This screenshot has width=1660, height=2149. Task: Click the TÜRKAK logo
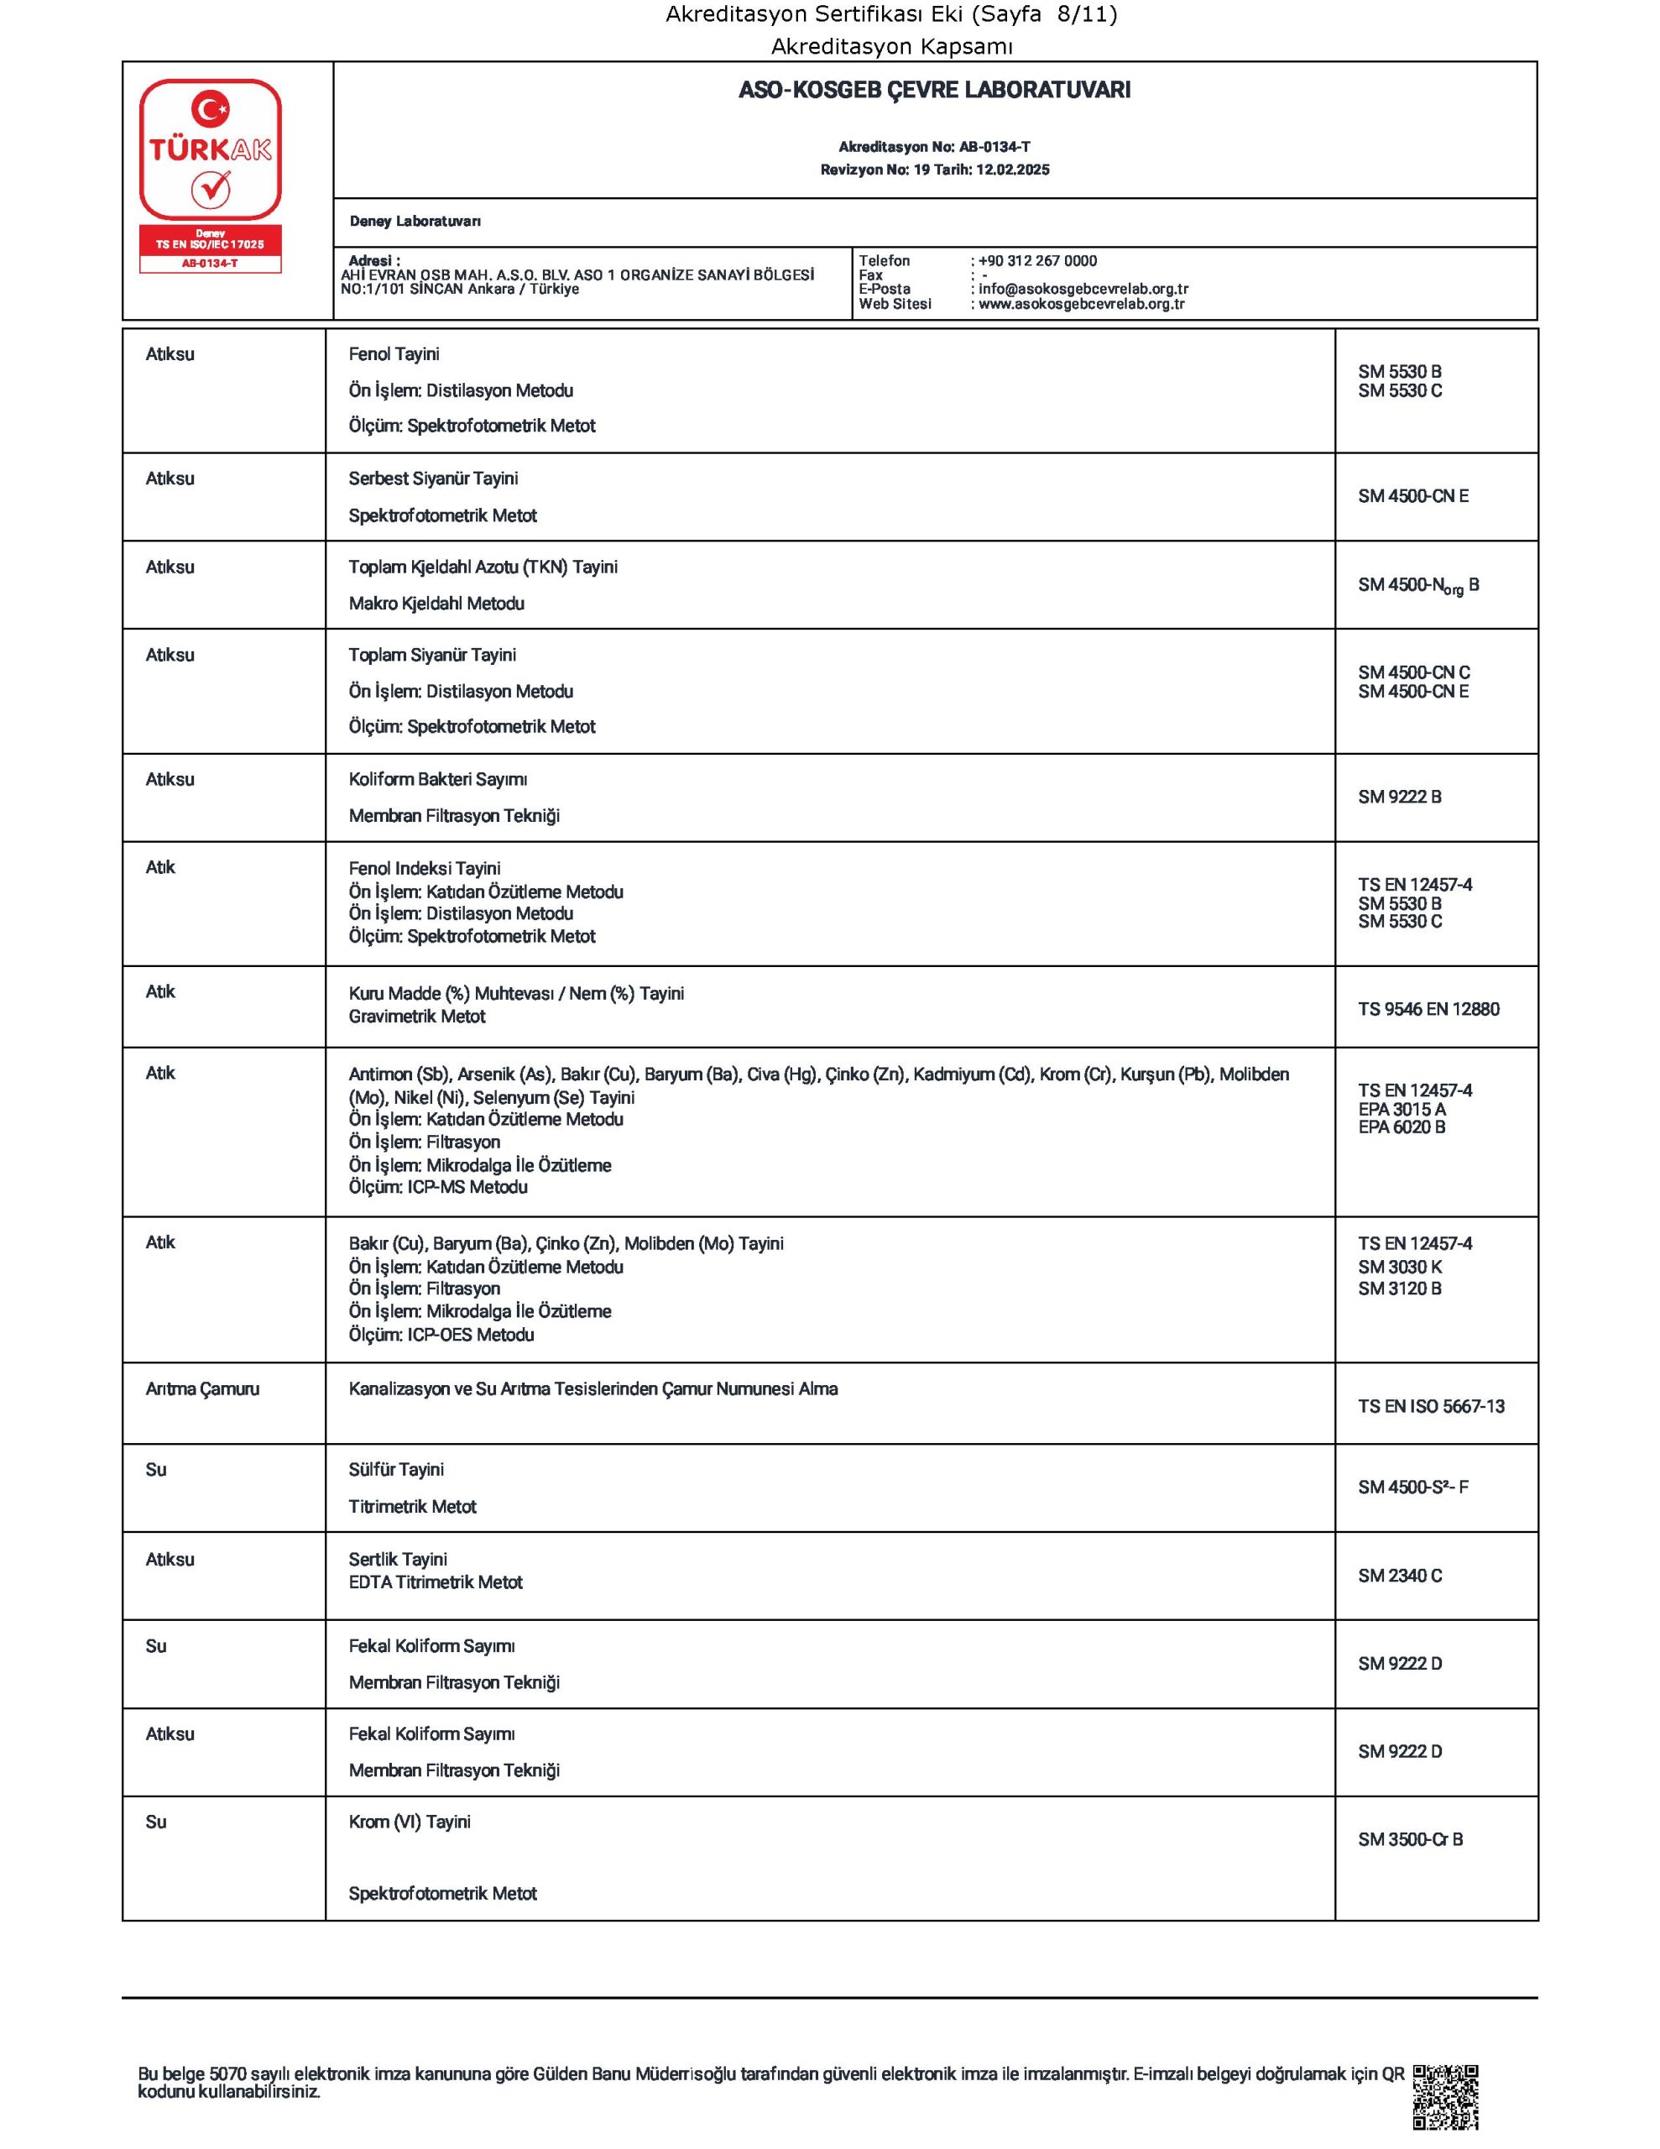click(210, 175)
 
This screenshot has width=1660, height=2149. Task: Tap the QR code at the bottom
click(1444, 2096)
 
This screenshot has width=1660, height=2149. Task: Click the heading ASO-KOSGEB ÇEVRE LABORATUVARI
click(934, 91)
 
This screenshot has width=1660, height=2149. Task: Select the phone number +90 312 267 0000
click(1037, 261)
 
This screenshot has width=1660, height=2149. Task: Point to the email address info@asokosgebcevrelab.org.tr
click(1083, 290)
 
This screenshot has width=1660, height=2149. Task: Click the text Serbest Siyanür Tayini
click(433, 479)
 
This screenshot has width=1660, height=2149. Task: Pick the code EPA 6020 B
click(1402, 1127)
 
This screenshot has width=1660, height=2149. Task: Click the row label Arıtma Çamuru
click(203, 1389)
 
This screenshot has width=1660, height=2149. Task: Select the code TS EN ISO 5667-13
click(1431, 1406)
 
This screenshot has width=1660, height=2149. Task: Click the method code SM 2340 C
click(1399, 1576)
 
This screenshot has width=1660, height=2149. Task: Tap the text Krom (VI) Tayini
click(410, 1822)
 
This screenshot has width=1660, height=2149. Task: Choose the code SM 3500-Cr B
click(1409, 1839)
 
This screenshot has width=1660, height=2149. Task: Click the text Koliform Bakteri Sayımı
click(438, 779)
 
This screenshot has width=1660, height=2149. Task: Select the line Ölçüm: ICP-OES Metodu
click(441, 1336)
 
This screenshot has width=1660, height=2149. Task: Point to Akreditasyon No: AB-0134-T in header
click(934, 148)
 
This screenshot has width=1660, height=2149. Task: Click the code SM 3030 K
click(1399, 1268)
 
